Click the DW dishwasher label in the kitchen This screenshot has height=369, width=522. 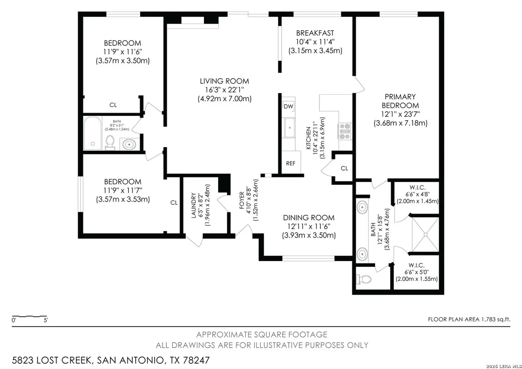pyautogui.click(x=289, y=107)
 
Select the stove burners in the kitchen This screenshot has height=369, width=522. pyautogui.click(x=344, y=131)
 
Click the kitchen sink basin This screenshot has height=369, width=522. pyautogui.click(x=290, y=128)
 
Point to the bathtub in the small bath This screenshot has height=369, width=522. pyautogui.click(x=92, y=133)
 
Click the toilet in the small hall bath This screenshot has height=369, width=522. pyautogui.click(x=110, y=143)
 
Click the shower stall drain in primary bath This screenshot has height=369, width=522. pyautogui.click(x=425, y=235)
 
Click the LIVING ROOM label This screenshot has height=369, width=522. pyautogui.click(x=224, y=81)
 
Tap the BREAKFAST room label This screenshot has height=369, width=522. pyautogui.click(x=315, y=33)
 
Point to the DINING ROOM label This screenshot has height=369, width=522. pyautogui.click(x=309, y=218)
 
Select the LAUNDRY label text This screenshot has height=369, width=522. pyautogui.click(x=194, y=205)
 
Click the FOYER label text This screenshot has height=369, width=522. pyautogui.click(x=242, y=200)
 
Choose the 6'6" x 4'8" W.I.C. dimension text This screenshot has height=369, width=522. pyautogui.click(x=417, y=194)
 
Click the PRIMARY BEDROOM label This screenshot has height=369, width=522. pyautogui.click(x=400, y=101)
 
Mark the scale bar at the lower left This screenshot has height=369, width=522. pyautogui.click(x=29, y=316)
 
